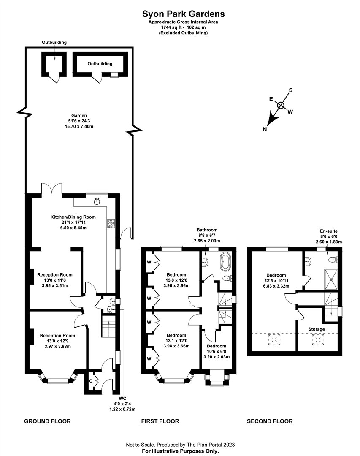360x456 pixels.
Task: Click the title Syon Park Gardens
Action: pyautogui.click(x=183, y=14)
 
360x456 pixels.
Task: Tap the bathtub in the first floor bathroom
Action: pyautogui.click(x=226, y=261)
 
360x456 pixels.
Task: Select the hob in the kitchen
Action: pyautogui.click(x=111, y=223)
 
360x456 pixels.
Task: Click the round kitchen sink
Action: pyautogui.click(x=97, y=202)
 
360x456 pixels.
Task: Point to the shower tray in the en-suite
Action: pyautogui.click(x=331, y=280)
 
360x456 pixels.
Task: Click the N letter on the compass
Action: pyautogui.click(x=265, y=130)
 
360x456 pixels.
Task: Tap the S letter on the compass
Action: pyautogui.click(x=290, y=90)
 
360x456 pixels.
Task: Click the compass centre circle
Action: pyautogui.click(x=281, y=105)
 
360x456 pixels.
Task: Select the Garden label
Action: pyautogui.click(x=79, y=115)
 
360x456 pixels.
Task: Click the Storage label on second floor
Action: pyautogui.click(x=317, y=329)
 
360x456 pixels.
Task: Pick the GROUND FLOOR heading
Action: pyautogui.click(x=47, y=421)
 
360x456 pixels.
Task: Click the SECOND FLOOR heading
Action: pyautogui.click(x=270, y=421)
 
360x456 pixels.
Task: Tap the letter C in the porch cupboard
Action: pyautogui.click(x=91, y=381)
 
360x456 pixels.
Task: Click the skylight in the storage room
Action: pyautogui.click(x=318, y=339)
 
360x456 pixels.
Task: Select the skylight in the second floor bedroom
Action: pyautogui.click(x=274, y=339)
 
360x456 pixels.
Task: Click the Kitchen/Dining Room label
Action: pyautogui.click(x=73, y=217)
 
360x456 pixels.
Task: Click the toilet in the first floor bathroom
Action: pyautogui.click(x=227, y=278)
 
